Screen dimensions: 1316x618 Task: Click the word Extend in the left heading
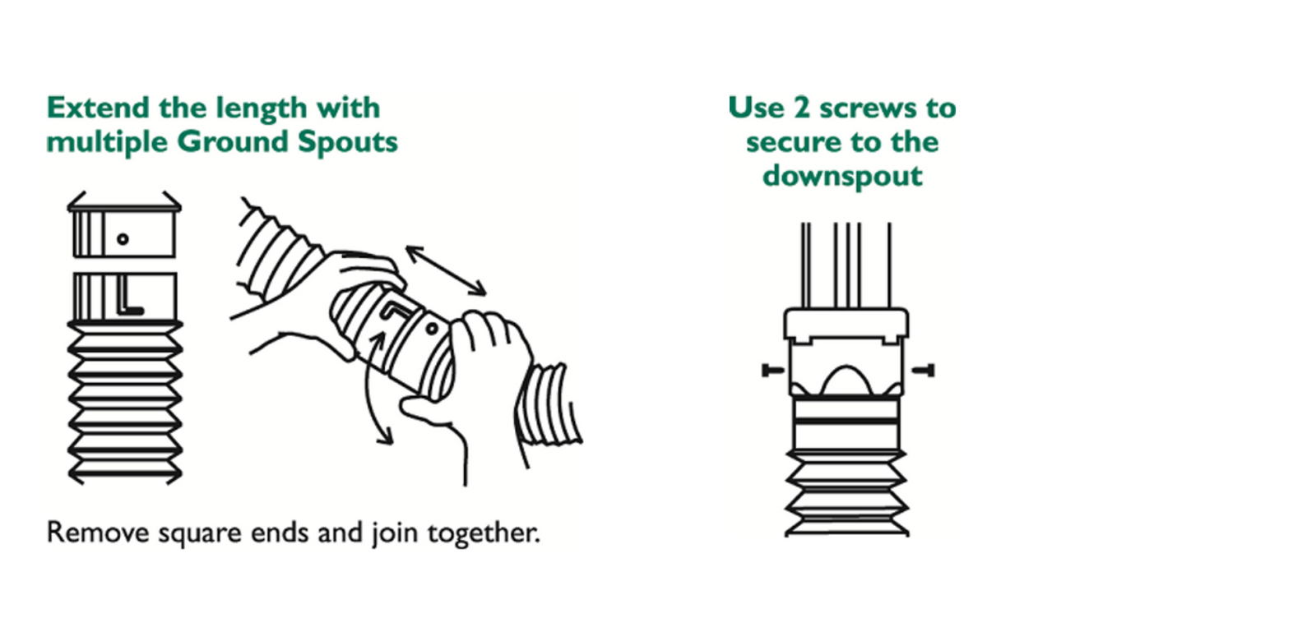pyautogui.click(x=98, y=108)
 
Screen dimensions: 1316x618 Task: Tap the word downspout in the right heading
pyautogui.click(x=842, y=176)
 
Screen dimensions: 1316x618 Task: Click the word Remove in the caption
pyautogui.click(x=98, y=533)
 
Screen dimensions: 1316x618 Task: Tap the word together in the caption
pyautogui.click(x=483, y=533)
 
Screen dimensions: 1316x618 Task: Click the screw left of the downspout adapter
pyautogui.click(x=772, y=371)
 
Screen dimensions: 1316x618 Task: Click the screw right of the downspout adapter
pyautogui.click(x=923, y=371)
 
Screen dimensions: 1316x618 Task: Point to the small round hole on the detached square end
pyautogui.click(x=123, y=239)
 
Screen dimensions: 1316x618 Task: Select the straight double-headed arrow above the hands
pyautogui.click(x=446, y=270)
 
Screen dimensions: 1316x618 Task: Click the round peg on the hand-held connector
pyautogui.click(x=432, y=329)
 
